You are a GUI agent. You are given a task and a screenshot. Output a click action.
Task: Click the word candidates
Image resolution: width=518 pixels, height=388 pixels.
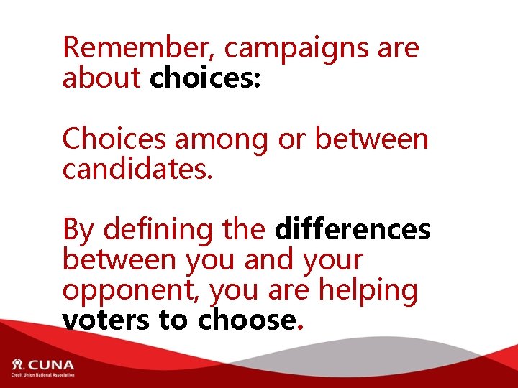tap(137, 170)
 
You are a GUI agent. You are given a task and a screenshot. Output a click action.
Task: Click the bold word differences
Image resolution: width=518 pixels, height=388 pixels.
tap(353, 230)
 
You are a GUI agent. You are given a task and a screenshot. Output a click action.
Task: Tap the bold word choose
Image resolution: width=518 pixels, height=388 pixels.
tap(245, 320)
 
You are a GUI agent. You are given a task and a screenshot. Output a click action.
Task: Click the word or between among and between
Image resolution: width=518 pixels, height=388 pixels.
tap(291, 139)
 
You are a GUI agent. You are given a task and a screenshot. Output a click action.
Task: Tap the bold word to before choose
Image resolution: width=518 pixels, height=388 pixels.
tap(173, 320)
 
